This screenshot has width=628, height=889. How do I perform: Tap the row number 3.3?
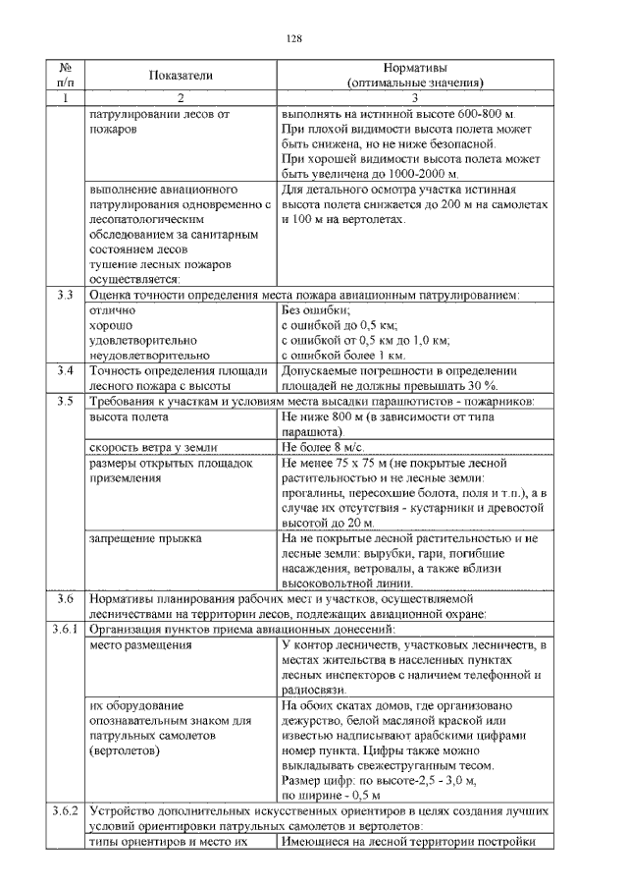66,295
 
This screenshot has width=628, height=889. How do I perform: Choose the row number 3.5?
66,402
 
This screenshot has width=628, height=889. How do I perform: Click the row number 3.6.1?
66,628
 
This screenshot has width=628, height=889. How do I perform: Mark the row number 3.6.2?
66,811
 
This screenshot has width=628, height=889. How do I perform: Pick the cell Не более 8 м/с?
325,447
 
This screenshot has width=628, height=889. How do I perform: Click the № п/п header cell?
66,76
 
